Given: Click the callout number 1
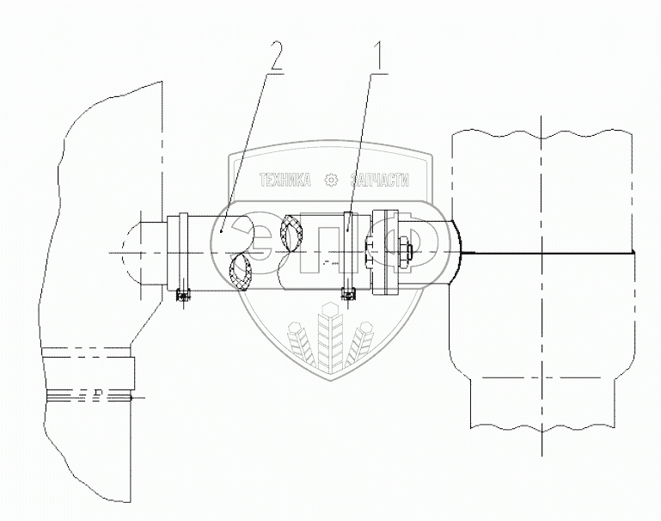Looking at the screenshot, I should [x=376, y=60].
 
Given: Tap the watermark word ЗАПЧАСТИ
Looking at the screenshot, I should [x=378, y=181].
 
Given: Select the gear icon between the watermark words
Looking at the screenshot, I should [x=331, y=181].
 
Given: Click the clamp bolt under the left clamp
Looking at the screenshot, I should [x=181, y=296].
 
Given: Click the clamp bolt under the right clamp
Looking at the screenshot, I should [x=348, y=296].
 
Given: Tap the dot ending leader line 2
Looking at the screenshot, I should [x=221, y=229].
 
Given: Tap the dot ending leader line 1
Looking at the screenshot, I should [x=347, y=229].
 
